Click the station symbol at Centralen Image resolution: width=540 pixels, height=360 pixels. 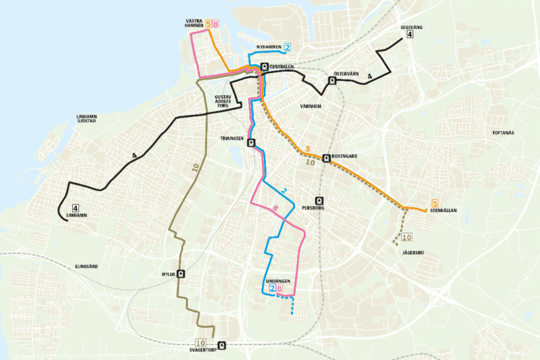[x=264, y=67]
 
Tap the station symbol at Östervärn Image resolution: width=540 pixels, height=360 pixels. [x=331, y=81]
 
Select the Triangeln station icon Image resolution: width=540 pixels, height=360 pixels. [x=251, y=143]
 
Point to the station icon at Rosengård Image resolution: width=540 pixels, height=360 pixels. [x=327, y=159]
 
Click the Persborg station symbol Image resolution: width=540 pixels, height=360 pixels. [x=319, y=200]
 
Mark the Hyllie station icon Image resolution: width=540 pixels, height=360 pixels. [x=181, y=275]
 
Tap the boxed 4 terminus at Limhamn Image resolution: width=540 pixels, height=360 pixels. [x=75, y=208]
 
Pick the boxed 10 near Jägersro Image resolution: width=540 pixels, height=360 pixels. [x=407, y=237]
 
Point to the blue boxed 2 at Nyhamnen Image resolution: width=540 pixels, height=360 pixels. [x=288, y=47]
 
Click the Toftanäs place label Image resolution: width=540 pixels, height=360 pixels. [x=504, y=133]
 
